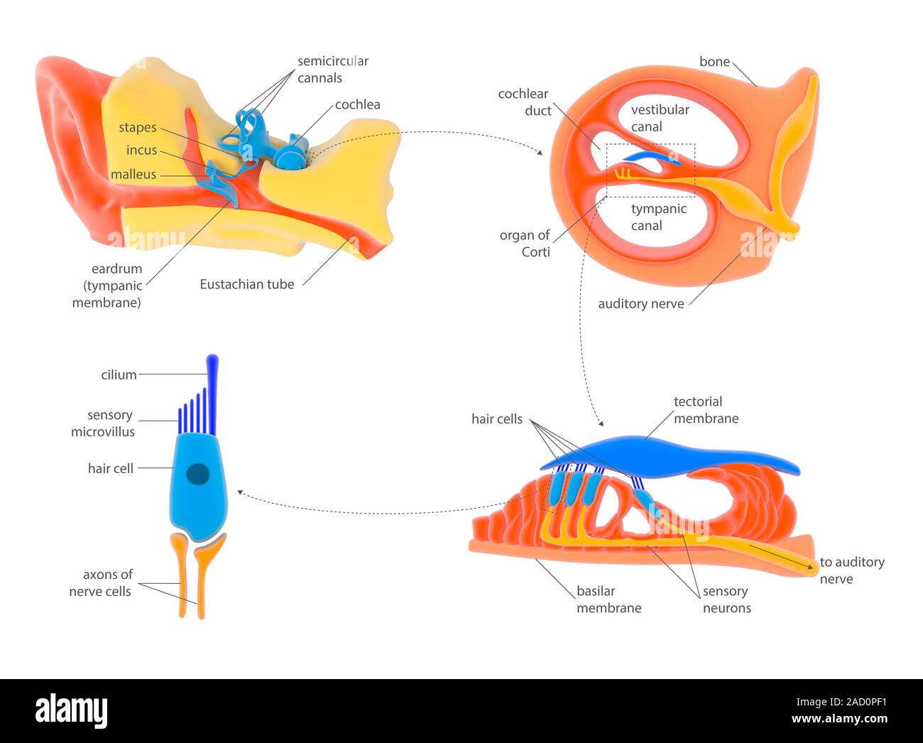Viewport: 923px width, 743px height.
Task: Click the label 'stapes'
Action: (x=137, y=128)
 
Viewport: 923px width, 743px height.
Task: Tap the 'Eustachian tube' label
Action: (x=246, y=284)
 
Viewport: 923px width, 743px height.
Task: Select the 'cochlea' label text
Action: (x=357, y=104)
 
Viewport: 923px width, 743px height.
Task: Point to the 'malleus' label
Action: (x=133, y=175)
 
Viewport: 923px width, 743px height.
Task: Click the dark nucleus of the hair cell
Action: (x=197, y=474)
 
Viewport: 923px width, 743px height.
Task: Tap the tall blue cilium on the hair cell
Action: (x=212, y=376)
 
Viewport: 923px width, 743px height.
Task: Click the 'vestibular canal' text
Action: (x=659, y=118)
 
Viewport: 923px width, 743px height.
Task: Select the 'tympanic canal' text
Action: (x=658, y=217)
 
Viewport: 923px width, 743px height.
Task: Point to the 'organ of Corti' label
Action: (x=525, y=243)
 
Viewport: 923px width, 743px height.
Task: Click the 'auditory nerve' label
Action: (x=640, y=304)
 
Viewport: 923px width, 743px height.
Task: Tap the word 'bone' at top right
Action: (x=714, y=62)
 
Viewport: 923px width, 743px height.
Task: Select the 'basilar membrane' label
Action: (x=608, y=600)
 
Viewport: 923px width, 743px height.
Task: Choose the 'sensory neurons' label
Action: (x=726, y=600)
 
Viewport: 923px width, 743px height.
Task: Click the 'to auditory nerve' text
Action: (x=851, y=570)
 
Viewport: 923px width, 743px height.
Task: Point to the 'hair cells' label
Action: (x=496, y=419)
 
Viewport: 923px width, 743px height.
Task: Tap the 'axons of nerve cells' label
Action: (x=100, y=583)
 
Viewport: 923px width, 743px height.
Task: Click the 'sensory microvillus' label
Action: (x=103, y=423)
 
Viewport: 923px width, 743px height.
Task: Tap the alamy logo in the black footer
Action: (x=71, y=710)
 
